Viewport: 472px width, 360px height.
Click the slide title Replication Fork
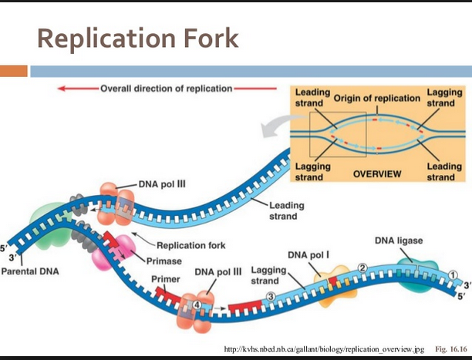[138, 38]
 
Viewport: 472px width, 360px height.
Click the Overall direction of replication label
[166, 89]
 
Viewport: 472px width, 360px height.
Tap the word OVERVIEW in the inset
[376, 173]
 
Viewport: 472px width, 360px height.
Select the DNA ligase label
[399, 241]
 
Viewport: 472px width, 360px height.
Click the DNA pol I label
[308, 254]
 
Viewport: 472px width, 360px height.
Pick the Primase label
[164, 260]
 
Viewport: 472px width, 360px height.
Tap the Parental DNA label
[30, 271]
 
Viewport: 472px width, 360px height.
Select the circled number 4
[197, 305]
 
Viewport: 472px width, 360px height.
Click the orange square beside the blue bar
[13, 71]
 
